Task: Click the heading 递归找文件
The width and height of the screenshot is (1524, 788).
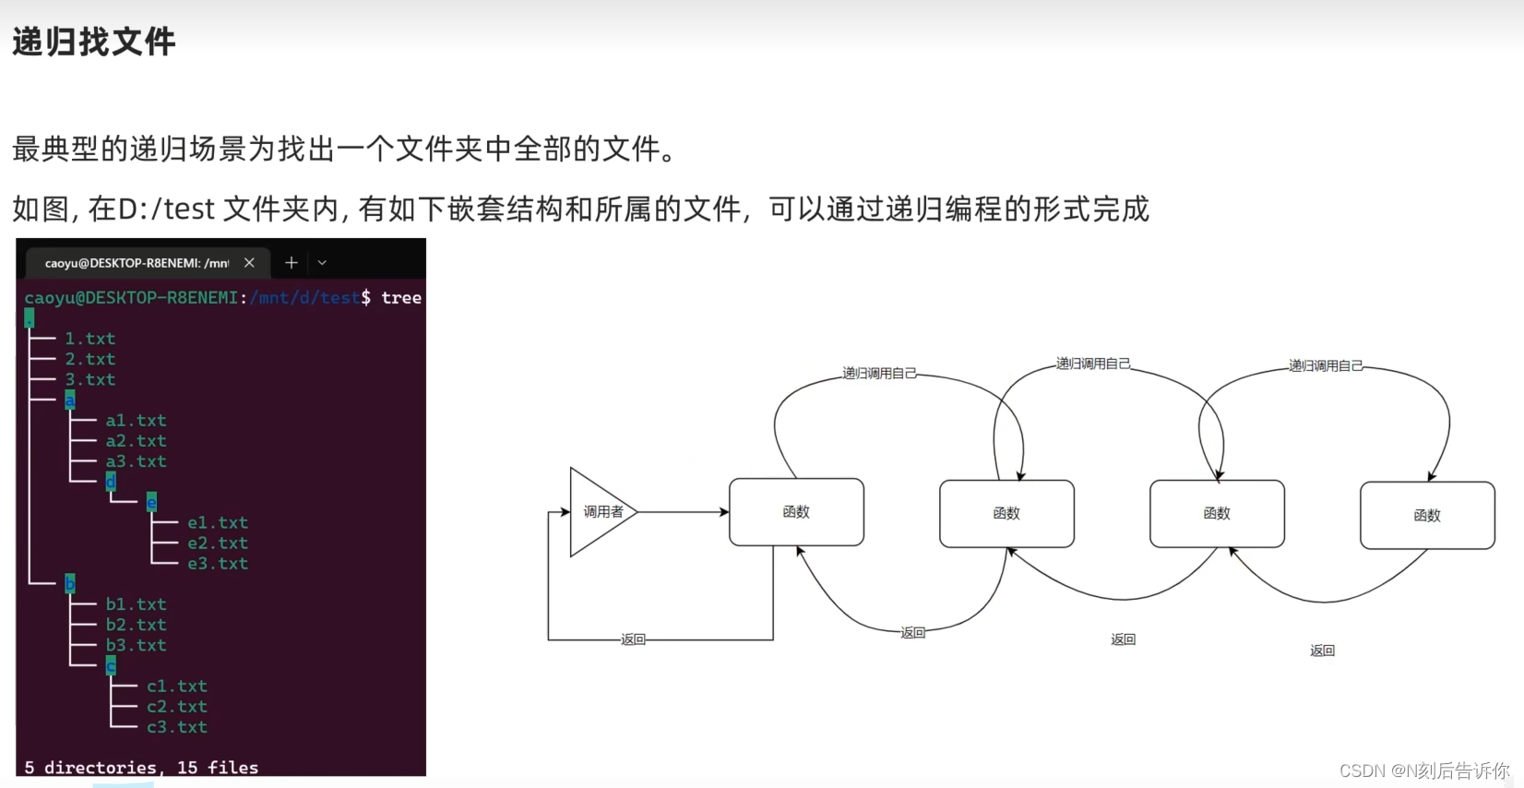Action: point(93,42)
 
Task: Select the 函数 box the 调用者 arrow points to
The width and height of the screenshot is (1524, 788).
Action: point(796,512)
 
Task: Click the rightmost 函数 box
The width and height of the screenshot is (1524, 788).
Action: point(1426,516)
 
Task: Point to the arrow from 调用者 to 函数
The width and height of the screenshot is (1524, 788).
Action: point(683,512)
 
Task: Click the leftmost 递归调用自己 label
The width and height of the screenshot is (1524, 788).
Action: point(878,373)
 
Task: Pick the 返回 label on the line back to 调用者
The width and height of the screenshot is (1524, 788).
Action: point(633,639)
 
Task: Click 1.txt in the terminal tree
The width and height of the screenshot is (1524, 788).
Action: point(89,339)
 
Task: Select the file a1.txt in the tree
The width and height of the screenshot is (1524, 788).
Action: point(136,421)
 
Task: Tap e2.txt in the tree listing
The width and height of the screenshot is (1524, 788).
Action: point(218,543)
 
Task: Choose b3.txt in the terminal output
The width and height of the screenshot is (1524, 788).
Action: point(136,645)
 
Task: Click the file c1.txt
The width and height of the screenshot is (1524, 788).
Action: point(176,687)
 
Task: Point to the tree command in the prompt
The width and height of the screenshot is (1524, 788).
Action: point(401,297)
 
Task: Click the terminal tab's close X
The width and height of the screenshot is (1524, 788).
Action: point(249,263)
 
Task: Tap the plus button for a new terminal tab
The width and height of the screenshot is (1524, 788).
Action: point(291,263)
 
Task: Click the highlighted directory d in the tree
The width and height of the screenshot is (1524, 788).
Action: point(111,482)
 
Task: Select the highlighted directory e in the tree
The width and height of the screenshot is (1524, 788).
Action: point(151,502)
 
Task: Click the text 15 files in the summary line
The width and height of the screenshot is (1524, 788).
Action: point(218,768)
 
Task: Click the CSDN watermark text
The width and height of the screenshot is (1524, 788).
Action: point(1423,770)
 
